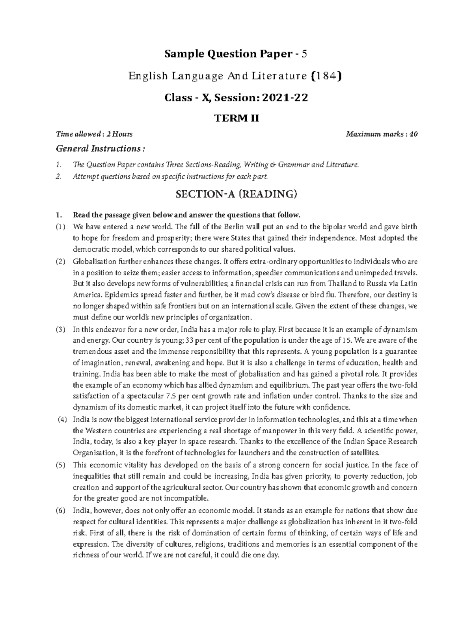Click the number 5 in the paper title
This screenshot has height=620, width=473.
pyautogui.click(x=304, y=54)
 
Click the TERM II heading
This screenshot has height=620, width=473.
pyautogui.click(x=236, y=118)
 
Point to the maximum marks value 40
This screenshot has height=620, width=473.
pyautogui.click(x=413, y=134)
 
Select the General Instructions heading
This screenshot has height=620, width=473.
pyautogui.click(x=101, y=149)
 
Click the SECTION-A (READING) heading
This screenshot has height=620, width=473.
pyautogui.click(x=236, y=194)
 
